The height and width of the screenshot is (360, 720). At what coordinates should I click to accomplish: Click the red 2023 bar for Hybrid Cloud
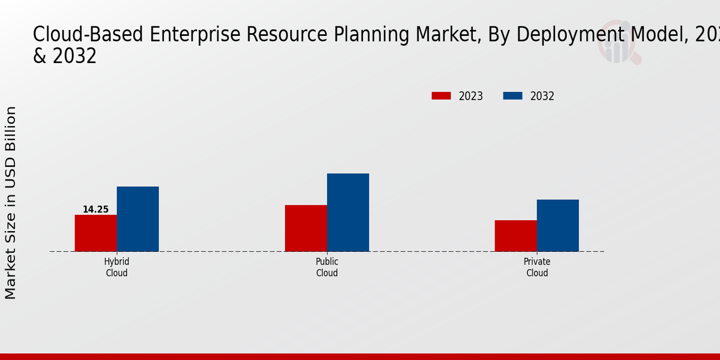tap(95, 233)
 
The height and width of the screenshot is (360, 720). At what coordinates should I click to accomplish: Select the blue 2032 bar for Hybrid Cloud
tap(137, 219)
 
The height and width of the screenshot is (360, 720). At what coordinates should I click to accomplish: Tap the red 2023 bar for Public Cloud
tap(306, 228)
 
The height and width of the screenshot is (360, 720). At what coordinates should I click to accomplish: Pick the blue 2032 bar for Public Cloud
tap(348, 212)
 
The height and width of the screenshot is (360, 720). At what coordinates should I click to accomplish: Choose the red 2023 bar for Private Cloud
tap(516, 236)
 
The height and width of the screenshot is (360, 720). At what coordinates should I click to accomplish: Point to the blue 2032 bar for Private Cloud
tap(558, 226)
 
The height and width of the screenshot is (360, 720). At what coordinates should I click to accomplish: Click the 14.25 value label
tap(95, 209)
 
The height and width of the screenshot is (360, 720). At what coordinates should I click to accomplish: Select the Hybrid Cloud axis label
tap(116, 268)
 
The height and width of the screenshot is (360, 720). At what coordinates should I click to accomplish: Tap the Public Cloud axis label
tap(327, 268)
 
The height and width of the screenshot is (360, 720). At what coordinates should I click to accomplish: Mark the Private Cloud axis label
tap(537, 268)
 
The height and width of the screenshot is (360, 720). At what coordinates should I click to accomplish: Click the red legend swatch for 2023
tap(441, 96)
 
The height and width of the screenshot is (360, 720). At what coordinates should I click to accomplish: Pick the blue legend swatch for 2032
tap(512, 96)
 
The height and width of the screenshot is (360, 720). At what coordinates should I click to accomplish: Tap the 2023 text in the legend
tap(471, 96)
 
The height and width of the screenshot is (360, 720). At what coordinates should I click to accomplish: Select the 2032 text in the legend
tap(542, 96)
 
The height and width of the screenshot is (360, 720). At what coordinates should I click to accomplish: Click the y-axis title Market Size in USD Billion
tap(11, 203)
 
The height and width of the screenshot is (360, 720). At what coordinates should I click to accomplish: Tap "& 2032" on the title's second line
tap(65, 56)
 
